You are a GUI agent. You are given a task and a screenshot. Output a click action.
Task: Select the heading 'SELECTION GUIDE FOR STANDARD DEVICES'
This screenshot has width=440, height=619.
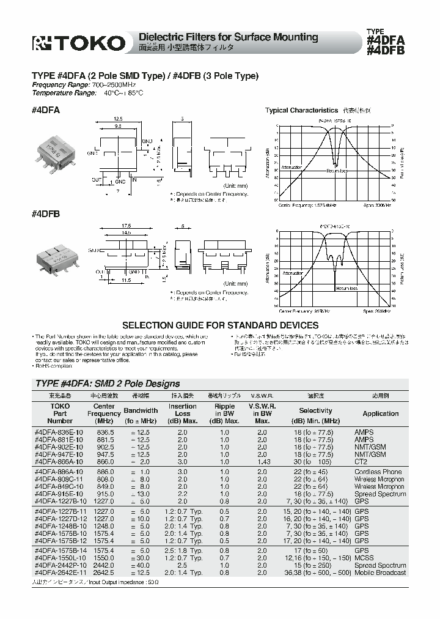coord(220,325)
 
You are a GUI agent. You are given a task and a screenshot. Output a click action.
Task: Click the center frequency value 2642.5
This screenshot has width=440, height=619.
coord(104,573)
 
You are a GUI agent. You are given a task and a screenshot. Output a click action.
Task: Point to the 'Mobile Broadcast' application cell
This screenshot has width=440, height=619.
coord(380,573)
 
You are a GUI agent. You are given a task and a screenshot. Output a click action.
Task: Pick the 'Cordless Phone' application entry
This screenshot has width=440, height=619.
coord(378,472)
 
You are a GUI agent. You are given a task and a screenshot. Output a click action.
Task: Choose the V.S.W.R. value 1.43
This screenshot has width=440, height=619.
coord(262,461)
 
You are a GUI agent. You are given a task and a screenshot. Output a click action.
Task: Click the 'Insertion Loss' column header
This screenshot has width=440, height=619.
coord(182,413)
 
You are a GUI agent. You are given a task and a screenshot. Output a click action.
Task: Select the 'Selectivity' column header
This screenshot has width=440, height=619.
coord(315,410)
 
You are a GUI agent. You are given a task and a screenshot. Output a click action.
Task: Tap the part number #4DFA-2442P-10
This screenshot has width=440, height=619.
coord(59,566)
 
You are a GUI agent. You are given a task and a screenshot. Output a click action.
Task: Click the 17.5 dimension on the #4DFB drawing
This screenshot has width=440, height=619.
coord(125,226)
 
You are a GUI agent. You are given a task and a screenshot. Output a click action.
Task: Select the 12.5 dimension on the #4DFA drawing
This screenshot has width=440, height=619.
coord(117,120)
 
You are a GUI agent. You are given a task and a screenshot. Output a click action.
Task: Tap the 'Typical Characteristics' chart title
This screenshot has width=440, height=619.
coord(301,110)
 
